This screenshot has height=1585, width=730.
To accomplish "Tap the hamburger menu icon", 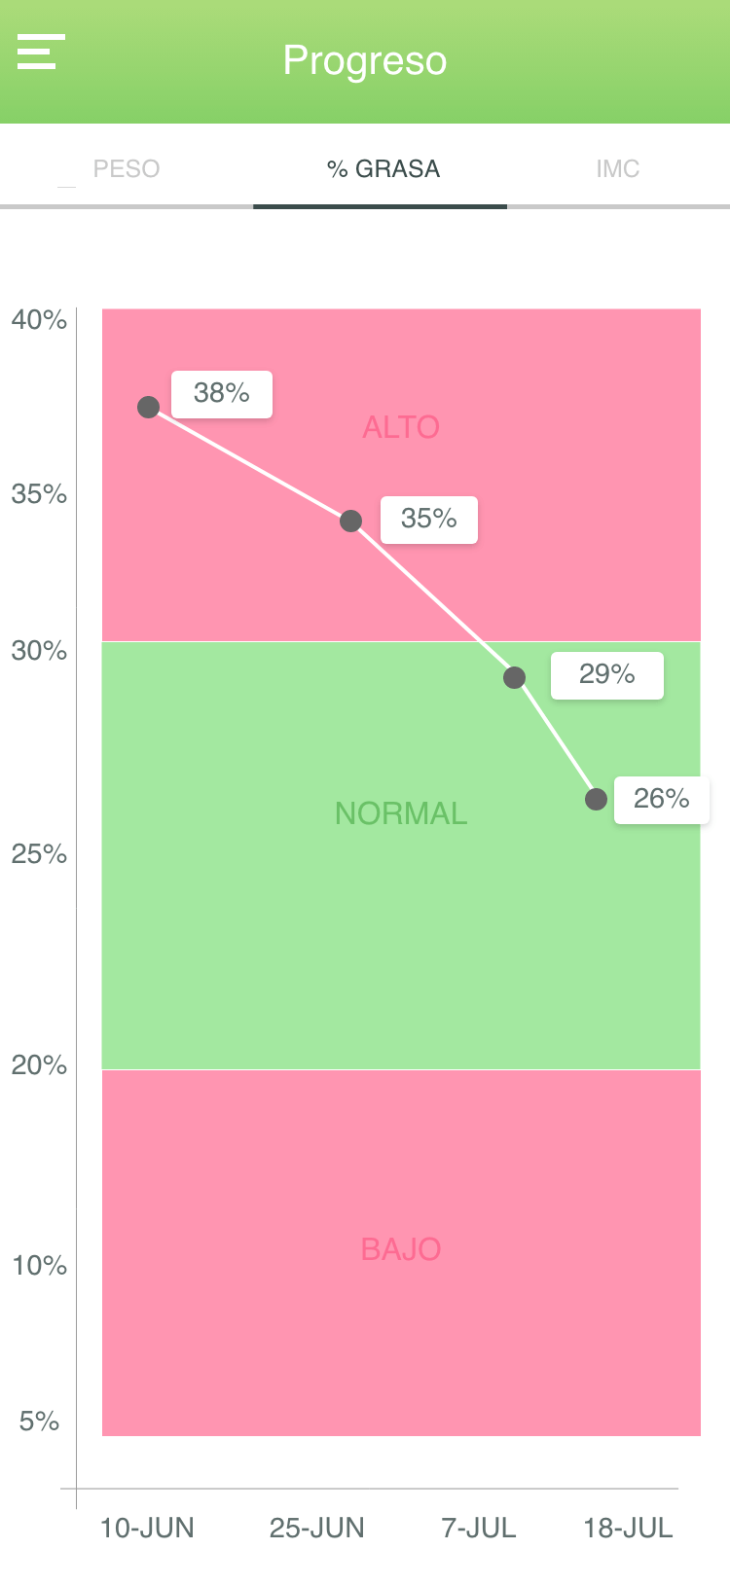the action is pyautogui.click(x=41, y=52).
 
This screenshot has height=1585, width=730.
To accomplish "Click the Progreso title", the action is pyautogui.click(x=365, y=61).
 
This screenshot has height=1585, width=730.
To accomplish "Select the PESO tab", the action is pyautogui.click(x=127, y=168).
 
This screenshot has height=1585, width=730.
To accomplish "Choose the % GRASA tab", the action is pyautogui.click(x=383, y=168).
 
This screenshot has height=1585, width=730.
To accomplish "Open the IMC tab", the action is pyautogui.click(x=617, y=168).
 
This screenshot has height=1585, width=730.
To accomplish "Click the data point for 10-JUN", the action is pyautogui.click(x=148, y=407).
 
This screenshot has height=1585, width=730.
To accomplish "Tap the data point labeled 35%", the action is pyautogui.click(x=350, y=521).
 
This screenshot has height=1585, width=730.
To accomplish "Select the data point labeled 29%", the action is pyautogui.click(x=514, y=677).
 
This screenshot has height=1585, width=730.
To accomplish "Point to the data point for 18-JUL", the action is pyautogui.click(x=597, y=799).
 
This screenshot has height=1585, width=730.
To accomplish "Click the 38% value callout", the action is pyautogui.click(x=222, y=393).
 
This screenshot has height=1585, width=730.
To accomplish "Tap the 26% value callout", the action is pyautogui.click(x=661, y=800).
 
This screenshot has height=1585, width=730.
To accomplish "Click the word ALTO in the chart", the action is pyautogui.click(x=401, y=427).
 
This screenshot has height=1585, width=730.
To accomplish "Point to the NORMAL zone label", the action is pyautogui.click(x=401, y=813).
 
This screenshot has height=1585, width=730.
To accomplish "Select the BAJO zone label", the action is pyautogui.click(x=401, y=1249).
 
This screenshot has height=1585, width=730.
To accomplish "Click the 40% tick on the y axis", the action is pyautogui.click(x=39, y=320).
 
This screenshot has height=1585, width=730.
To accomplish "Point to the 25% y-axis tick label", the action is pyautogui.click(x=39, y=854).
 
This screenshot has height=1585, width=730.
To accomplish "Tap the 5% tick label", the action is pyautogui.click(x=39, y=1421).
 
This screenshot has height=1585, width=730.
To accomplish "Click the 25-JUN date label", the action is pyautogui.click(x=316, y=1528).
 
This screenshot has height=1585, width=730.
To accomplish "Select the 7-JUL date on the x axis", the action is pyautogui.click(x=479, y=1528).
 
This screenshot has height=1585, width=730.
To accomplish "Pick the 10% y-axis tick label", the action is pyautogui.click(x=39, y=1265).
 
